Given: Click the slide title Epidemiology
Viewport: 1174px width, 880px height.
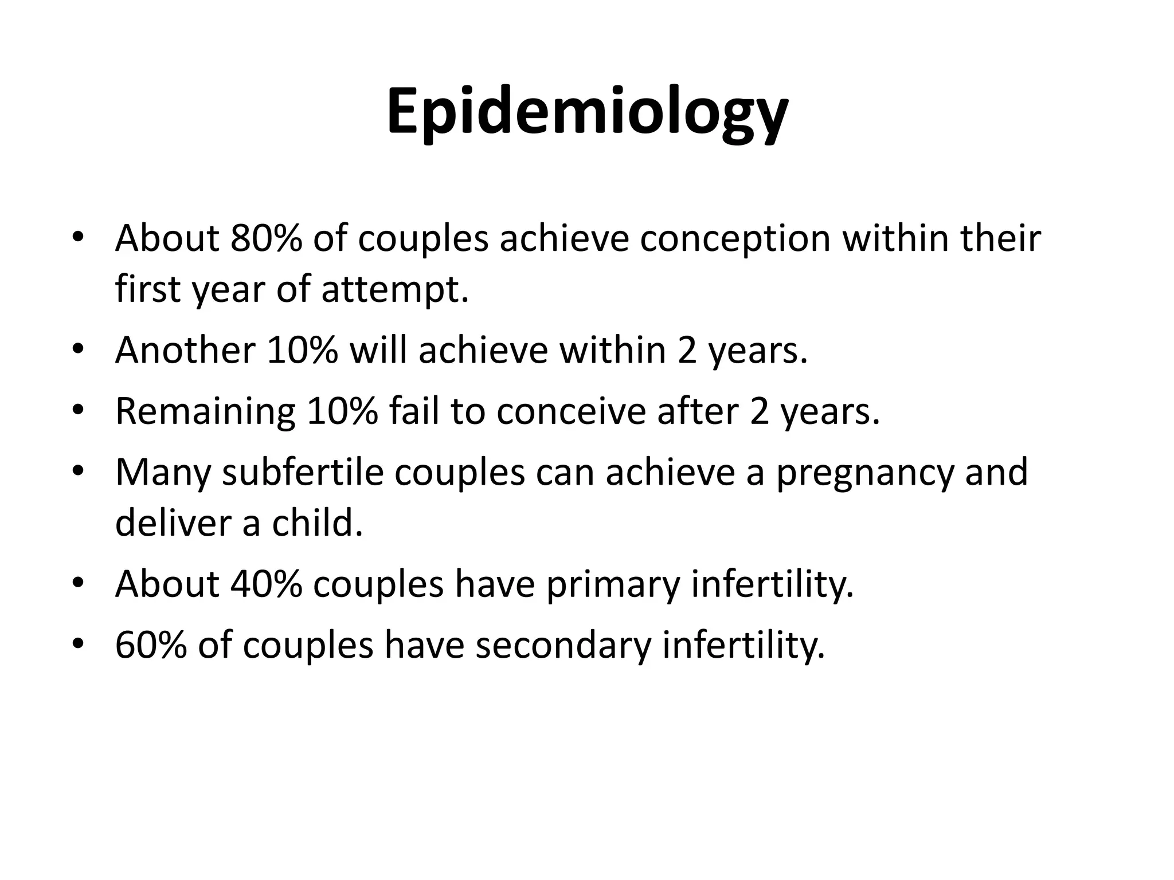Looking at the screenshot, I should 587,112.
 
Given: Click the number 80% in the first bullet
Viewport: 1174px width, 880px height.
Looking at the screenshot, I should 266,238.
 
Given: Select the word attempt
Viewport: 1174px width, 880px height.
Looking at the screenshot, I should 395,290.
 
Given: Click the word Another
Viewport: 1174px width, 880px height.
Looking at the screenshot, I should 185,350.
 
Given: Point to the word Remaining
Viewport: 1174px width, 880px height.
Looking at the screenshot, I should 205,412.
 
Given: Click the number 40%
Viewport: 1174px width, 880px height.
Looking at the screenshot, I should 266,584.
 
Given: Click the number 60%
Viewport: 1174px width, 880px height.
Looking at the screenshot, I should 151,645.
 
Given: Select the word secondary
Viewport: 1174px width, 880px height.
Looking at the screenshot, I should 563,646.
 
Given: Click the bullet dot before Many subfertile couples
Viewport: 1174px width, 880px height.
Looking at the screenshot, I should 79,472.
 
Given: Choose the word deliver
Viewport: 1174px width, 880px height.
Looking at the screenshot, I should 173,523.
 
